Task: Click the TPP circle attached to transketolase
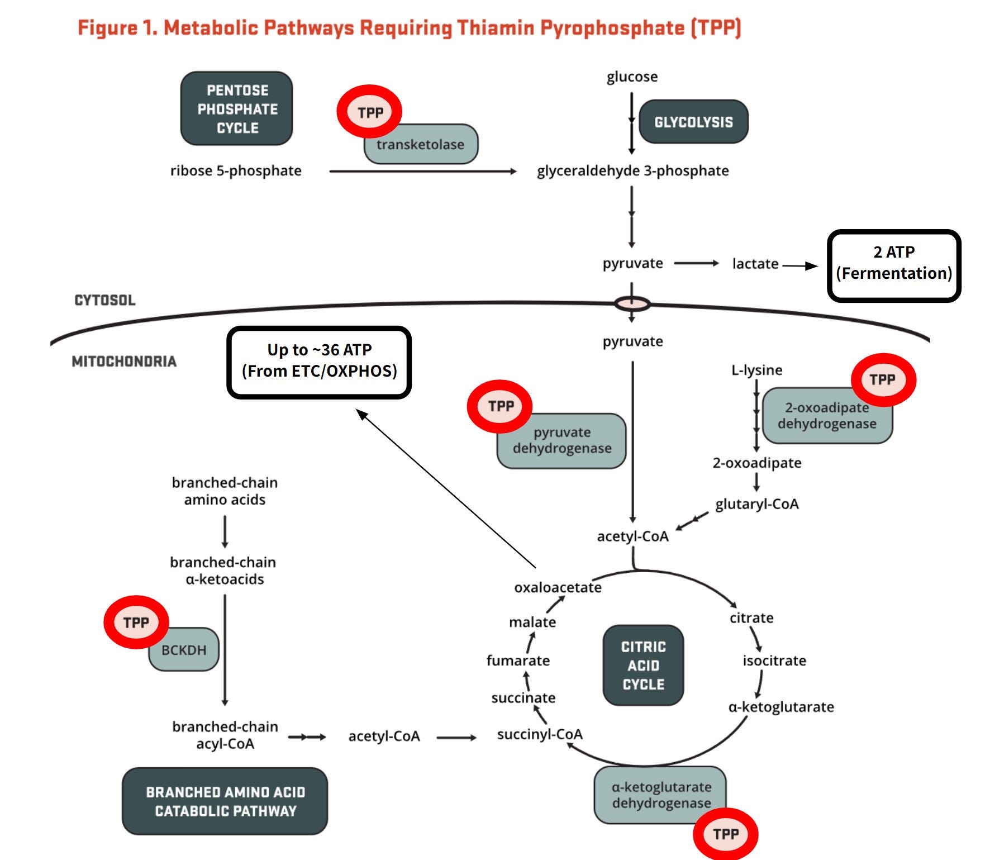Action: coord(369,112)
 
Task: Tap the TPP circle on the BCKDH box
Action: coord(136,622)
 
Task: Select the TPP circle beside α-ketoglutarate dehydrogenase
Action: coord(725,834)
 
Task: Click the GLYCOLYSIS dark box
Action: coord(693,122)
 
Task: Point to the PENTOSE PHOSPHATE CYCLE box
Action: coord(236,108)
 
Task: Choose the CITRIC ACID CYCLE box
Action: coord(643,665)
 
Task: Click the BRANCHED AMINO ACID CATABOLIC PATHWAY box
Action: coord(225,801)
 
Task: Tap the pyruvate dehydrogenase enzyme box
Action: coord(561,441)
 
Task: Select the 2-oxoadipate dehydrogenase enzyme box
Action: coord(827,416)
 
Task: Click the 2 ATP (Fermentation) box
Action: coord(894,266)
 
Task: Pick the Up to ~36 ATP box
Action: coord(319,363)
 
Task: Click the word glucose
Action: coord(632,77)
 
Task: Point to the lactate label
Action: coord(755,263)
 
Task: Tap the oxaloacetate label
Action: coord(558,587)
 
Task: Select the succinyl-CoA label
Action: coord(540,734)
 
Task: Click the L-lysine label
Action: coord(756,370)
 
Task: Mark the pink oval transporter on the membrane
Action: coord(632,304)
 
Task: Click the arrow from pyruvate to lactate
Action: coord(697,263)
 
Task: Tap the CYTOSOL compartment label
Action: coord(105,300)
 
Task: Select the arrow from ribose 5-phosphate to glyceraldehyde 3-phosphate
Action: coord(423,172)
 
